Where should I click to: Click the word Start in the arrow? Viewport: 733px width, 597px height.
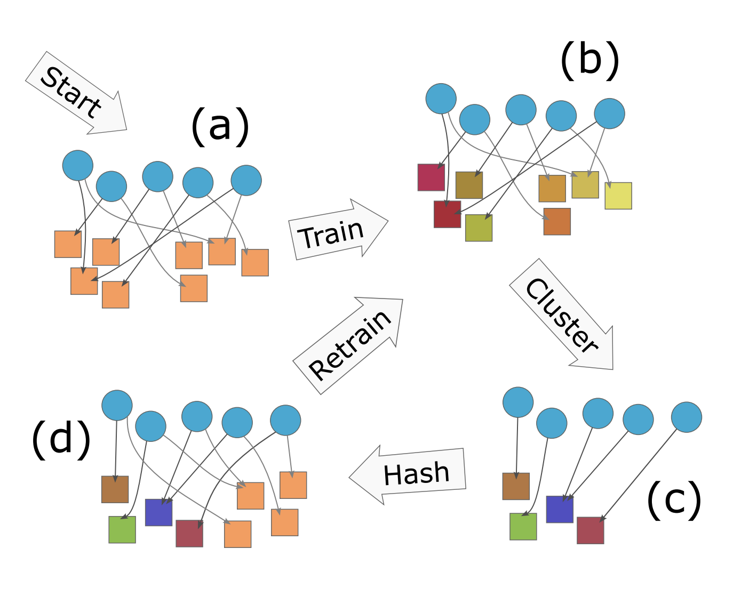tap(71, 92)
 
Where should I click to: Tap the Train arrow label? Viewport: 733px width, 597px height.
tap(331, 233)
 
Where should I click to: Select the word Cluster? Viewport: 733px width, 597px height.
tap(562, 316)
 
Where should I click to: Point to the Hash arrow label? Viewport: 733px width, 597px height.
tap(417, 473)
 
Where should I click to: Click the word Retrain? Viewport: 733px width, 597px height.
tap(350, 345)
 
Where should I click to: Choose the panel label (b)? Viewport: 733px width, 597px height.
tap(589, 60)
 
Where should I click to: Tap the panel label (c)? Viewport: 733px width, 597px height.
tap(674, 499)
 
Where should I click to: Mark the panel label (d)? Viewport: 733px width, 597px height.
tap(61, 439)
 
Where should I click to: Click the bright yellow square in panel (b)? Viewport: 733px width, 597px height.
tap(618, 196)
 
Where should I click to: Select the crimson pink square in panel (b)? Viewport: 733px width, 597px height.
tap(431, 178)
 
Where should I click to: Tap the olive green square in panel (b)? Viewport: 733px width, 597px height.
tap(479, 228)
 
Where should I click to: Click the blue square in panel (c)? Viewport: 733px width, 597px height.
tap(560, 509)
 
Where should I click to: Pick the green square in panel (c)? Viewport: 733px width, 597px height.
tap(523, 527)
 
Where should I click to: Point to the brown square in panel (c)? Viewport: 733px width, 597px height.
tap(516, 486)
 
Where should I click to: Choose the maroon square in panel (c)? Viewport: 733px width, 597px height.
tap(590, 530)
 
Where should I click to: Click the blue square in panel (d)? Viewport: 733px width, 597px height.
tap(158, 512)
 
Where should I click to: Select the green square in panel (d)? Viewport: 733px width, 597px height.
tap(122, 529)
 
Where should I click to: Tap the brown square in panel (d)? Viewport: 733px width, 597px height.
tap(115, 489)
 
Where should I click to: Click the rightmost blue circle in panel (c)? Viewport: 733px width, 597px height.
tap(686, 417)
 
